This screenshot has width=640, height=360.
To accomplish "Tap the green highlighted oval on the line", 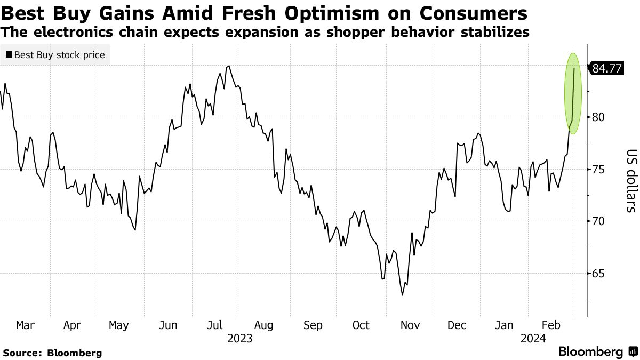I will click(572, 93).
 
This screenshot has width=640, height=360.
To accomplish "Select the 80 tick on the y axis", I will click(598, 117).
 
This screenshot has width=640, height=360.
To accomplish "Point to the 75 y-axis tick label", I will click(598, 170).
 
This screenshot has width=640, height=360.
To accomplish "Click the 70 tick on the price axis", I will click(598, 221).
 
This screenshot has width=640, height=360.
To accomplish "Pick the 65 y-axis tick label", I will click(598, 274).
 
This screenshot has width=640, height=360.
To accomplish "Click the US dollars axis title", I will click(630, 180).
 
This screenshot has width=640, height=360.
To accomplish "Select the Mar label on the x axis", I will click(26, 325).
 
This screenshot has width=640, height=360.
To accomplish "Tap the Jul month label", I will click(215, 325).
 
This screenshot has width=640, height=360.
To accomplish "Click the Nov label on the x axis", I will click(409, 325).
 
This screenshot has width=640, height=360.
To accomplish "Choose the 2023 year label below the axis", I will click(239, 338).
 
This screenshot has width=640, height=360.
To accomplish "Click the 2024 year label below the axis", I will click(533, 338).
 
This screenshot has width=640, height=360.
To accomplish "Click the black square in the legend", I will click(9, 54).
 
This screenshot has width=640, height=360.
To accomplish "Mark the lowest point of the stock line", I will click(402, 295).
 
